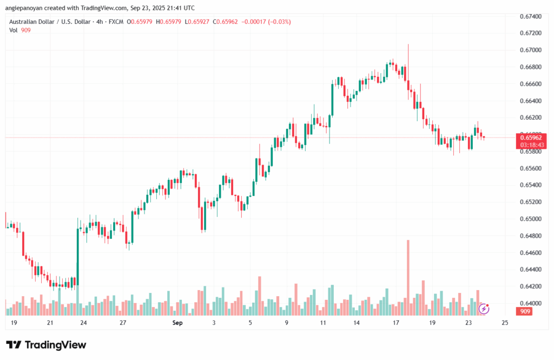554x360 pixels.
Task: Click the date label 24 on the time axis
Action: (83, 323)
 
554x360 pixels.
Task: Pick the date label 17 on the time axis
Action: (396, 323)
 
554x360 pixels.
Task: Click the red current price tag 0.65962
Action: (531, 138)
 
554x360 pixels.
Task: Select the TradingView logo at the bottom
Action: (46, 345)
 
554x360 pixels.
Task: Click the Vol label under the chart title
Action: (14, 30)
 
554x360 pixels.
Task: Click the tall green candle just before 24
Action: (78, 254)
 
